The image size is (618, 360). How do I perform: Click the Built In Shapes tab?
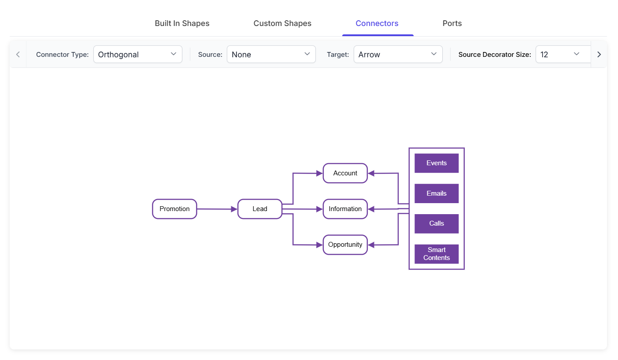(182, 23)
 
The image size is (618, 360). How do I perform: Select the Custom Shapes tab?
(282, 23)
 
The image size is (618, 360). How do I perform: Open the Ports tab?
(452, 23)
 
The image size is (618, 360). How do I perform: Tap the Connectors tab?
(377, 23)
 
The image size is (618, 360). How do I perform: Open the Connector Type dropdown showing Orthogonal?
(138, 54)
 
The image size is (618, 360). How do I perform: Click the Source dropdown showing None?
(271, 54)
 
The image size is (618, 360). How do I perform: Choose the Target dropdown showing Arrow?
(398, 54)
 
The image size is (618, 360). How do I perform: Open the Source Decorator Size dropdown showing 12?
(563, 54)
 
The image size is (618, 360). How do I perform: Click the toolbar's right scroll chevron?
(599, 54)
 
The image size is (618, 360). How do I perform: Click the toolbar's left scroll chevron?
(18, 54)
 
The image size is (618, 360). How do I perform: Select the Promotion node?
(174, 209)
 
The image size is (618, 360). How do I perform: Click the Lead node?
(260, 209)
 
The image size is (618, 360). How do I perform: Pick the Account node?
(345, 173)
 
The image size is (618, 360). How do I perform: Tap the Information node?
(345, 209)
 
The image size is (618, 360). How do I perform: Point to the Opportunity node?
(345, 245)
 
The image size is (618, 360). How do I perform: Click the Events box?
(437, 163)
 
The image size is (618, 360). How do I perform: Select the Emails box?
(437, 193)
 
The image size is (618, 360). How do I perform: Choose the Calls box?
(437, 223)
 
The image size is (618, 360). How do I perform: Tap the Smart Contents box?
(437, 254)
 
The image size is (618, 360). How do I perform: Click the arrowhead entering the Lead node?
(234, 209)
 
